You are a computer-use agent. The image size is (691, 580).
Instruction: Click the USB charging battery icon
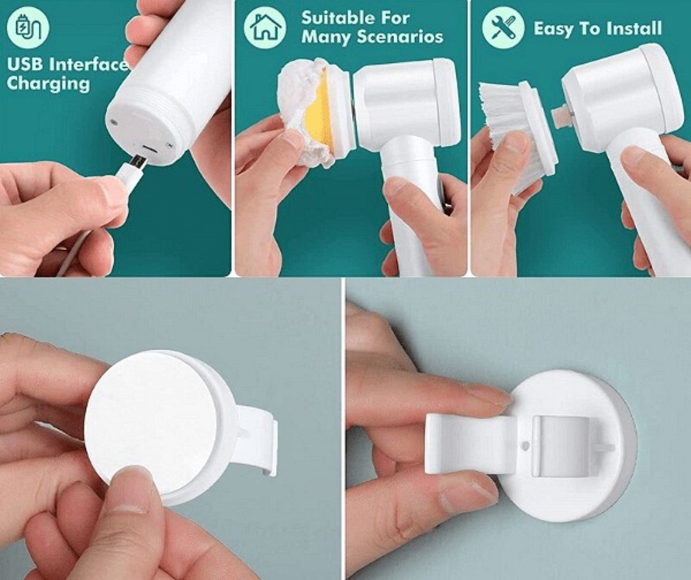[28, 27]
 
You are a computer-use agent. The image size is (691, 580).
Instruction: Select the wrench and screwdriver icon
[503, 27]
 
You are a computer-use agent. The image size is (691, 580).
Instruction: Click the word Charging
[48, 83]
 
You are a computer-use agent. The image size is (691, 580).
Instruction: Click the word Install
[634, 29]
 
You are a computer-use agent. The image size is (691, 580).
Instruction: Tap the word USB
[25, 65]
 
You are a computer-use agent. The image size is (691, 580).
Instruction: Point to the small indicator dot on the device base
[115, 123]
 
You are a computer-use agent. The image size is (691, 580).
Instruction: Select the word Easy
[553, 29]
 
